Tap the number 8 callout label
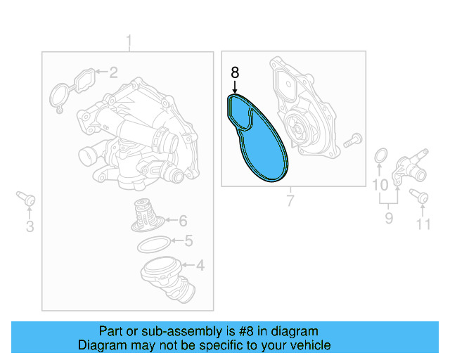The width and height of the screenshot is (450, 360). (235, 72)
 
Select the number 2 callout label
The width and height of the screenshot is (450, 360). (113, 72)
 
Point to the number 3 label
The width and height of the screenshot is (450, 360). (30, 226)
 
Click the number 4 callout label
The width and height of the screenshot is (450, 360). (200, 266)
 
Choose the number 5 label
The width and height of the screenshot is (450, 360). (188, 242)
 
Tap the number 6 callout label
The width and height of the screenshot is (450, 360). (182, 220)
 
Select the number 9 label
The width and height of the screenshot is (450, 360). (379, 186)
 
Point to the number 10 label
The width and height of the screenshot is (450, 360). (422, 225)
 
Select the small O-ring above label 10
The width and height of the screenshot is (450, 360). (380, 156)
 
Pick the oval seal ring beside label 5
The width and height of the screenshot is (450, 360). (151, 245)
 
